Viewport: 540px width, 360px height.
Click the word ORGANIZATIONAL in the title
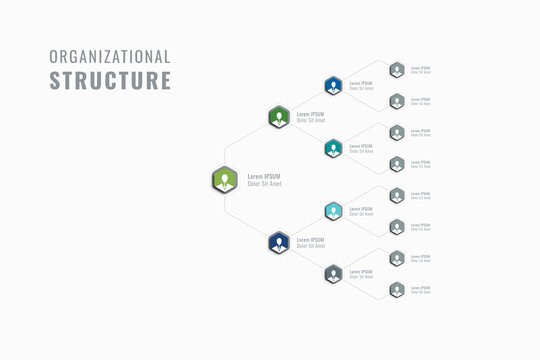point(110,57)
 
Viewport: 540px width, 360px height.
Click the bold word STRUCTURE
point(110,81)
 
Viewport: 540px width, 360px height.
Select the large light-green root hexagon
point(225,180)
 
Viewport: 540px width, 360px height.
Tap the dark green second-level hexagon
point(279,117)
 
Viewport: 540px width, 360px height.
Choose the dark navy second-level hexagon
point(279,243)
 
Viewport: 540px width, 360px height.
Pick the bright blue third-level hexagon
point(333,86)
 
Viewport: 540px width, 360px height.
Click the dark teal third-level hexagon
point(333,148)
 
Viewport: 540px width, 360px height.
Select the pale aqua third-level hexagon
point(333,211)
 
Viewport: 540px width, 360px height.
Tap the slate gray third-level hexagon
point(333,274)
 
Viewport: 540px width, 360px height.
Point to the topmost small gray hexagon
point(397,70)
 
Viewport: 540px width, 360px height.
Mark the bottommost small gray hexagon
point(397,290)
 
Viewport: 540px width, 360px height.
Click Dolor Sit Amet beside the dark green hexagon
point(311,121)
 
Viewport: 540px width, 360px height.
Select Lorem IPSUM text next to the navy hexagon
point(310,240)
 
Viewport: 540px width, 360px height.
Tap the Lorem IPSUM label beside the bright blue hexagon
point(361,83)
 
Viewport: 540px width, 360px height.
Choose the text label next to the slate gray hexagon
point(361,273)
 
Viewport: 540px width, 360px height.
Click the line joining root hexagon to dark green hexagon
point(252,148)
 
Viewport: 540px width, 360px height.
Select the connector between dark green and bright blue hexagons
point(306,101)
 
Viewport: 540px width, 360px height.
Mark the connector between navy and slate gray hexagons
point(306,259)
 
